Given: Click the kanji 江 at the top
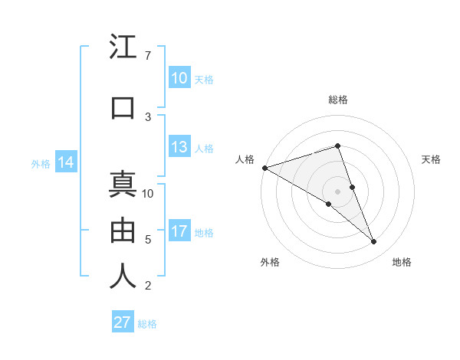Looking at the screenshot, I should click(123, 47).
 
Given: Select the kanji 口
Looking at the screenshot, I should click(123, 108).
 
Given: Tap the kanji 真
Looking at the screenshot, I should click(123, 185).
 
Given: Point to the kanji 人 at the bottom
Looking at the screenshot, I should click(123, 276).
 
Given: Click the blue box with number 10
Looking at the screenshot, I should click(179, 77).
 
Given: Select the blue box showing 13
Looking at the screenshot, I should click(179, 147).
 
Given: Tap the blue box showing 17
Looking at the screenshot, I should click(179, 231).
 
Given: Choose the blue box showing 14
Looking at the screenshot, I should click(66, 162).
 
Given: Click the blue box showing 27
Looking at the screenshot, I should click(123, 322).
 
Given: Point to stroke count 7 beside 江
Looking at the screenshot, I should click(147, 56).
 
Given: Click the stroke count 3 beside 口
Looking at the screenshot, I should click(147, 116).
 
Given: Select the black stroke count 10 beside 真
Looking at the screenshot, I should click(148, 193).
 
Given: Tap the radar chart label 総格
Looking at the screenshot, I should click(337, 100).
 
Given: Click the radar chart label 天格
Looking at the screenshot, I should click(431, 159).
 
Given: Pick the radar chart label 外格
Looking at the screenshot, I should click(270, 262).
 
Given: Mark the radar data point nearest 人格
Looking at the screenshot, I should click(264, 167).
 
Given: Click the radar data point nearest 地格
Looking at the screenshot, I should click(374, 242).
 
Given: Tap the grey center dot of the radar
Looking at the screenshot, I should click(337, 191).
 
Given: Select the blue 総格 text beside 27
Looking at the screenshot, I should click(147, 324).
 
